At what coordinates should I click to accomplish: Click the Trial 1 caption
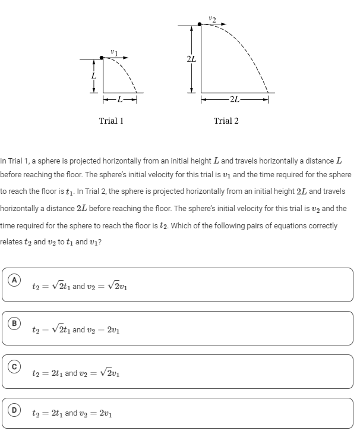pos(111,121)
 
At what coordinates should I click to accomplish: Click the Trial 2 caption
pos(226,121)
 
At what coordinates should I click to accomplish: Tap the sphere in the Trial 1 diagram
pos(103,59)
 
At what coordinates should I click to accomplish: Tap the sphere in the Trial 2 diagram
pos(200,26)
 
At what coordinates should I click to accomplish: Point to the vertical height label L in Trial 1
pos(93,76)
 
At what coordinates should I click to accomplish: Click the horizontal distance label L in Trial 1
pos(120,99)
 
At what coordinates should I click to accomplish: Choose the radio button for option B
pos(12,323)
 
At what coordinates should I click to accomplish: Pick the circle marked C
pos(12,367)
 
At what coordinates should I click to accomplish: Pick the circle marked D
pos(12,410)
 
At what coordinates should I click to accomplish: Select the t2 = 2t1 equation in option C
pos(47,373)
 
